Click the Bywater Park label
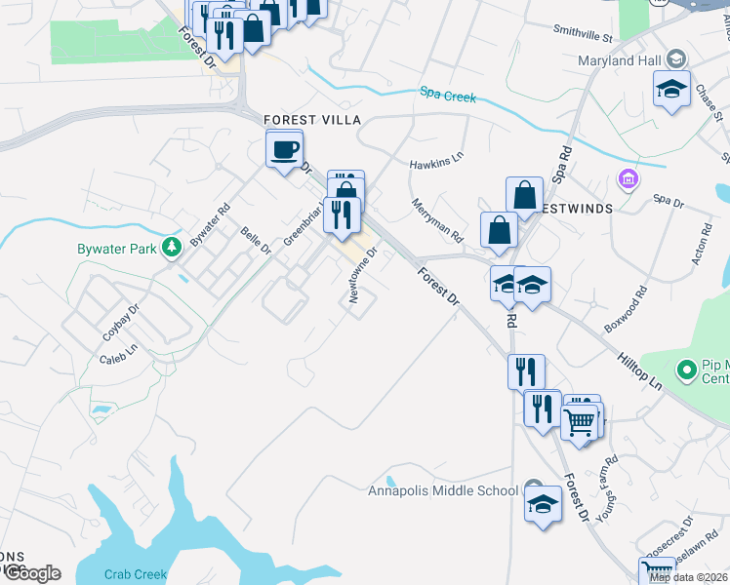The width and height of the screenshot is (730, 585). click(x=116, y=249)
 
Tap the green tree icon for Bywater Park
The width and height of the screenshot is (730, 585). click(x=173, y=247)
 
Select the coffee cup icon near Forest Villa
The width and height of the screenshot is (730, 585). click(x=284, y=150)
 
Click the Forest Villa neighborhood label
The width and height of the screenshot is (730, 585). click(x=312, y=119)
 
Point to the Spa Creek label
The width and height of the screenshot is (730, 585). click(x=447, y=96)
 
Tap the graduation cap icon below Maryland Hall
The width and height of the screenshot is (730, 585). click(x=671, y=89)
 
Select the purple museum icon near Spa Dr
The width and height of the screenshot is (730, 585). click(x=627, y=179)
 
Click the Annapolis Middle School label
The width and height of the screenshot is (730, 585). click(x=442, y=490)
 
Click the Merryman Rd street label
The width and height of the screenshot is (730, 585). click(x=436, y=221)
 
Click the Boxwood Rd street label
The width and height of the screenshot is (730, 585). click(x=626, y=309)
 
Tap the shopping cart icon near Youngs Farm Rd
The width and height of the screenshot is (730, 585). click(x=579, y=421)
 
